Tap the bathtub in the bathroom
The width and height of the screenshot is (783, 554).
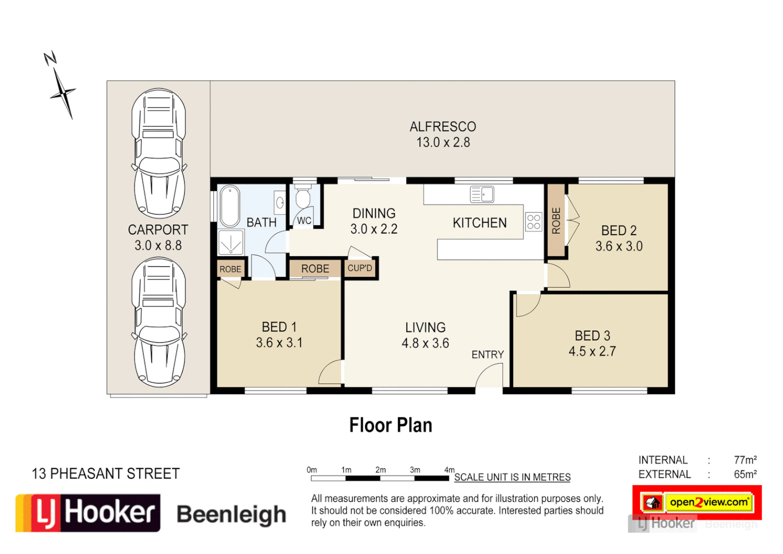[229, 206]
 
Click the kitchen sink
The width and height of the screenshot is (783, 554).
[482, 194]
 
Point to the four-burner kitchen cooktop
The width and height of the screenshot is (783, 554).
[533, 222]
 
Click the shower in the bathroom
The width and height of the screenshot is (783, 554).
[231, 242]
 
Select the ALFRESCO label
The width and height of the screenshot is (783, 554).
[443, 127]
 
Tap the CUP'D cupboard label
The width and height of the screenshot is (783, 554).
[359, 268]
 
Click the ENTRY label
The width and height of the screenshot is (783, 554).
[487, 354]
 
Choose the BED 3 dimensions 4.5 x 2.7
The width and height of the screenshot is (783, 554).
[592, 351]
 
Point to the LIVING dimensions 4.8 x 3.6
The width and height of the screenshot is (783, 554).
[425, 343]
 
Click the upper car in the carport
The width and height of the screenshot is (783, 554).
[159, 153]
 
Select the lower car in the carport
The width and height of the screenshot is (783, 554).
[159, 322]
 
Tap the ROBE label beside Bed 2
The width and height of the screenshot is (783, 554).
[556, 221]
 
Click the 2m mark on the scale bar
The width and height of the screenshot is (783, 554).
[380, 470]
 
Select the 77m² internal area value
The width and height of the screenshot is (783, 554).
[745, 460]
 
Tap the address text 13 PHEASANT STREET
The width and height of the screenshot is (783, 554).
[106, 473]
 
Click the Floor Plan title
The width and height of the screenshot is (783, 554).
[391, 425]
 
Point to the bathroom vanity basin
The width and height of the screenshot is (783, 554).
[280, 203]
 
